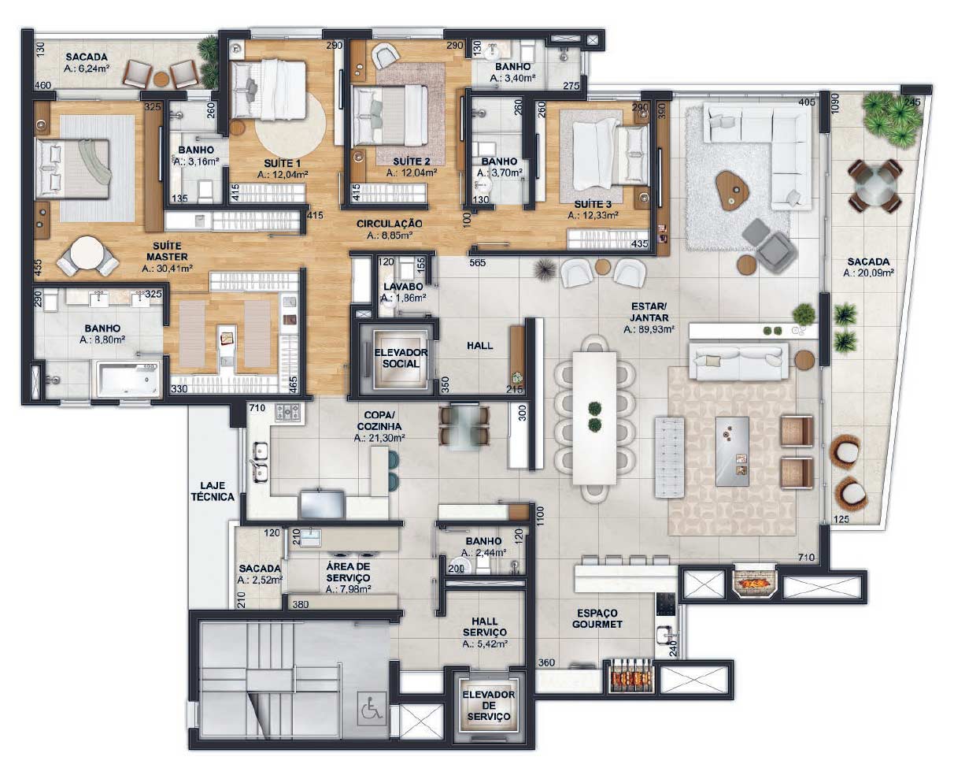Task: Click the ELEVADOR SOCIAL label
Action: click(401, 358)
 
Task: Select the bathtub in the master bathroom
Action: click(128, 378)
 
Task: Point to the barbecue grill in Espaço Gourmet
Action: click(630, 676)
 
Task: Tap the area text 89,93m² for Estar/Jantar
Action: click(649, 329)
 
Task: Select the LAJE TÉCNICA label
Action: click(213, 491)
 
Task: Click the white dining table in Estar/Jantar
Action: click(594, 418)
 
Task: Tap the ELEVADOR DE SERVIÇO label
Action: click(489, 706)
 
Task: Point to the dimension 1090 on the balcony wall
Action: click(836, 103)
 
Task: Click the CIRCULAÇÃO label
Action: click(389, 224)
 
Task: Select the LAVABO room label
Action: click(403, 287)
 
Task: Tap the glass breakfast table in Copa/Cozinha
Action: click(464, 426)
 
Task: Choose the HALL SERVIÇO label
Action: click(485, 627)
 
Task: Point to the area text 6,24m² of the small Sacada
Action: click(87, 69)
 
